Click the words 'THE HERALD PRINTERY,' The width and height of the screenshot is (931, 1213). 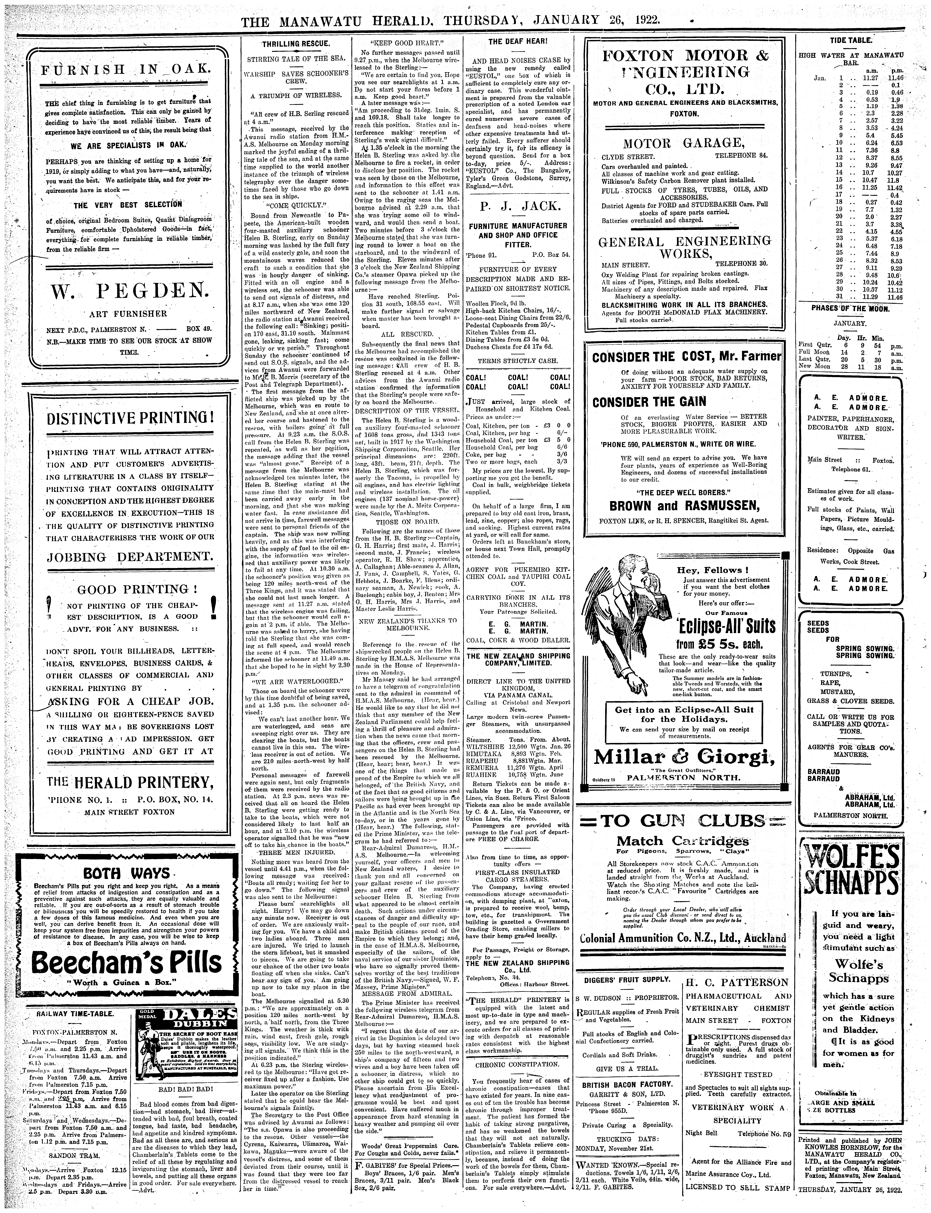point(130,782)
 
